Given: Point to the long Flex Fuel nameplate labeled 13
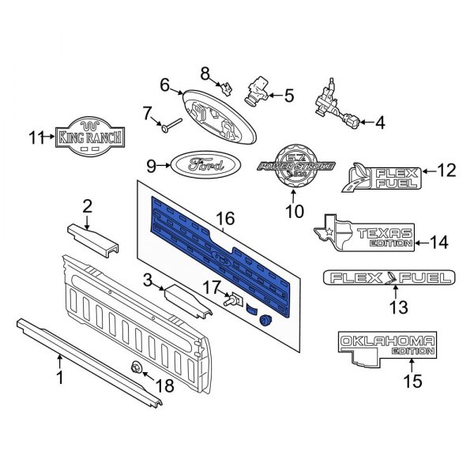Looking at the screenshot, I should click(x=389, y=277).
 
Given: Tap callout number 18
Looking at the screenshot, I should click(x=165, y=386).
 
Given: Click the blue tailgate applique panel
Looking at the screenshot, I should click(x=221, y=253).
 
